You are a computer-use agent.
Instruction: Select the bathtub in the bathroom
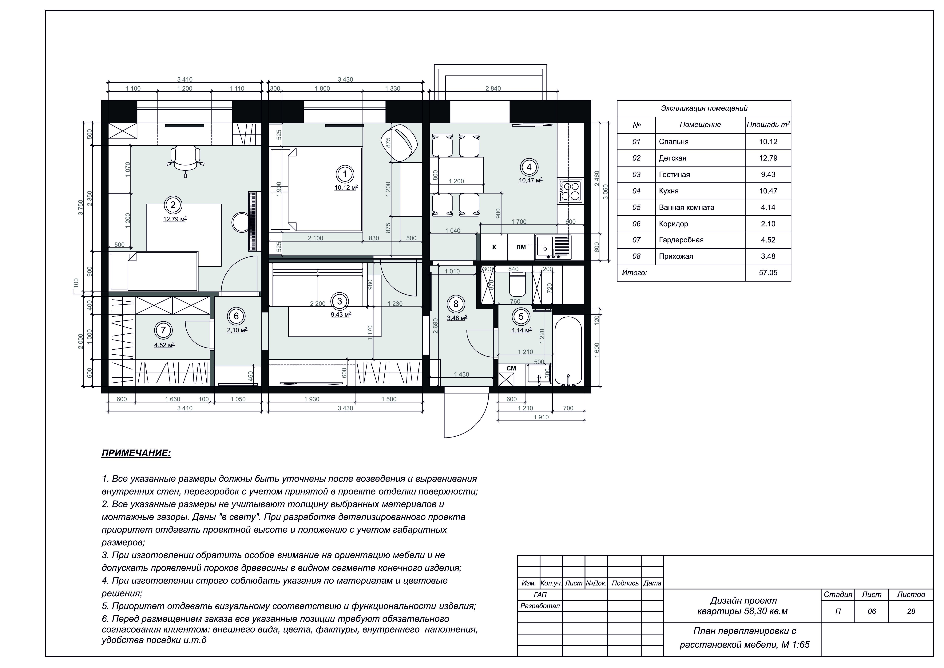[x=568, y=351]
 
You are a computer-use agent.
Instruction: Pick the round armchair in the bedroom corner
[x=399, y=144]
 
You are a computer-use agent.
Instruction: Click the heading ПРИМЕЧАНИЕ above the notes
[x=136, y=454]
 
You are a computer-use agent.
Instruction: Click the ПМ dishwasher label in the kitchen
[x=521, y=247]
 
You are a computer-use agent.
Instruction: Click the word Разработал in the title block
[x=540, y=606]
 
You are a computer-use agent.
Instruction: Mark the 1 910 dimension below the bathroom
[x=541, y=417]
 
